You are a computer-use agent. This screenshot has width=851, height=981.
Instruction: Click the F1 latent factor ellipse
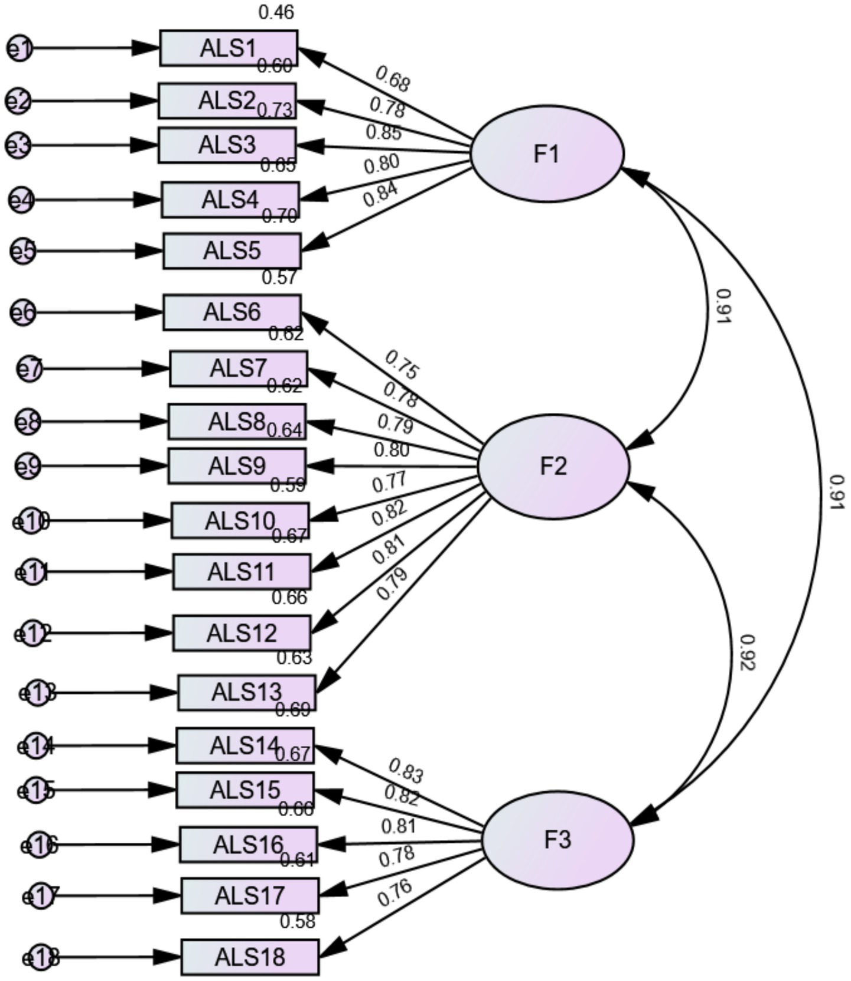tap(547, 154)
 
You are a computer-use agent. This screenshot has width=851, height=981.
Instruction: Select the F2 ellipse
tap(553, 467)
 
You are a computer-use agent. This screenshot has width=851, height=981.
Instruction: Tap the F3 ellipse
tap(558, 839)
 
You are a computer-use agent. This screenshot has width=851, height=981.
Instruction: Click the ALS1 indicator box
tap(229, 48)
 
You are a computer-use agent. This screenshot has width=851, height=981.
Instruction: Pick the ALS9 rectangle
tap(237, 466)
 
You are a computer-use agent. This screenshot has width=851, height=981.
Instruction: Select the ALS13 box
tap(247, 692)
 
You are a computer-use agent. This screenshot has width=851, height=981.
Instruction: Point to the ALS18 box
tap(250, 957)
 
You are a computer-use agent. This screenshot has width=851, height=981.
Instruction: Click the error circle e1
tap(20, 48)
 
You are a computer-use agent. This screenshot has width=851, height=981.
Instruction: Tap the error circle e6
tap(24, 312)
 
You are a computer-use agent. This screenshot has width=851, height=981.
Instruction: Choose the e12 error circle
tap(32, 634)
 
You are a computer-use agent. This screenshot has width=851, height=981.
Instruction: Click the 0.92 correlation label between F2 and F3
tap(747, 653)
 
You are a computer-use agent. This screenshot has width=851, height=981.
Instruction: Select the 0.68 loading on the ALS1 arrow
tap(392, 79)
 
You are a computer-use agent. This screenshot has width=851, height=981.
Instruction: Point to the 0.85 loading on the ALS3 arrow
tap(383, 132)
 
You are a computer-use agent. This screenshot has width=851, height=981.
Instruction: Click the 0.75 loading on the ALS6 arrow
tap(402, 364)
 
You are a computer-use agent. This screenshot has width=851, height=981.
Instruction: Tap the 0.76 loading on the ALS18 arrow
tap(394, 893)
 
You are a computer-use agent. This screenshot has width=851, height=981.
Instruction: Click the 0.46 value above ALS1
tap(276, 12)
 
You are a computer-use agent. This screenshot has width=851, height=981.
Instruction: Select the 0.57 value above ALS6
tap(279, 277)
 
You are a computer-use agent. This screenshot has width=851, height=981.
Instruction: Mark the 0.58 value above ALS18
tap(297, 921)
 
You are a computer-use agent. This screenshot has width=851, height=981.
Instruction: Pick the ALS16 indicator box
tap(248, 845)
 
